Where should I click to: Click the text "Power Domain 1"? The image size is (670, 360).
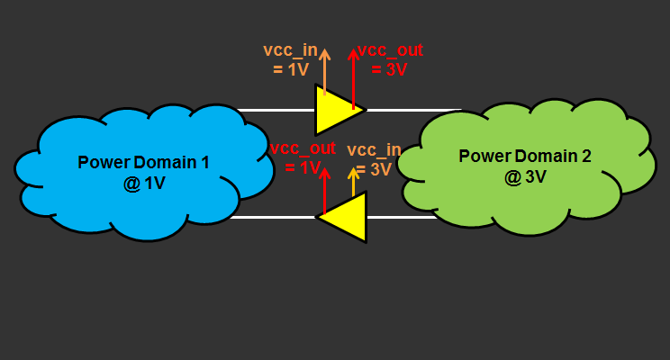tap(143, 163)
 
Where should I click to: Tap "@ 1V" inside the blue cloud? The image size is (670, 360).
tap(143, 183)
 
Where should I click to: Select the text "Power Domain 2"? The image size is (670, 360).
tap(525, 156)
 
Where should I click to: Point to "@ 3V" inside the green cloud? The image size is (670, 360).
tap(525, 176)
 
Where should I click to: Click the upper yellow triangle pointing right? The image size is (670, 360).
tap(335, 110)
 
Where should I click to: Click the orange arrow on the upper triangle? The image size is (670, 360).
tap(325, 72)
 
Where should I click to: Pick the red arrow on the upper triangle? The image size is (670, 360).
tap(353, 76)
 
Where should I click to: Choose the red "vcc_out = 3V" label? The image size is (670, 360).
tap(389, 59)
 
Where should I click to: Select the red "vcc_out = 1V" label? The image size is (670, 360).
tap(303, 157)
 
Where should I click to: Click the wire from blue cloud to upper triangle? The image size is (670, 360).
tap(275, 111)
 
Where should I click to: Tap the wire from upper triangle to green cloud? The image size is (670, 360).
tap(414, 111)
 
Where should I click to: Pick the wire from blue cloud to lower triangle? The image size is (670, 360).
tap(270, 217)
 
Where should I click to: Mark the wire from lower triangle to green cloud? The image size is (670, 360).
tap(401, 217)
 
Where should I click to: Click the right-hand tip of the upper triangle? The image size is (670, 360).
tap(364, 111)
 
